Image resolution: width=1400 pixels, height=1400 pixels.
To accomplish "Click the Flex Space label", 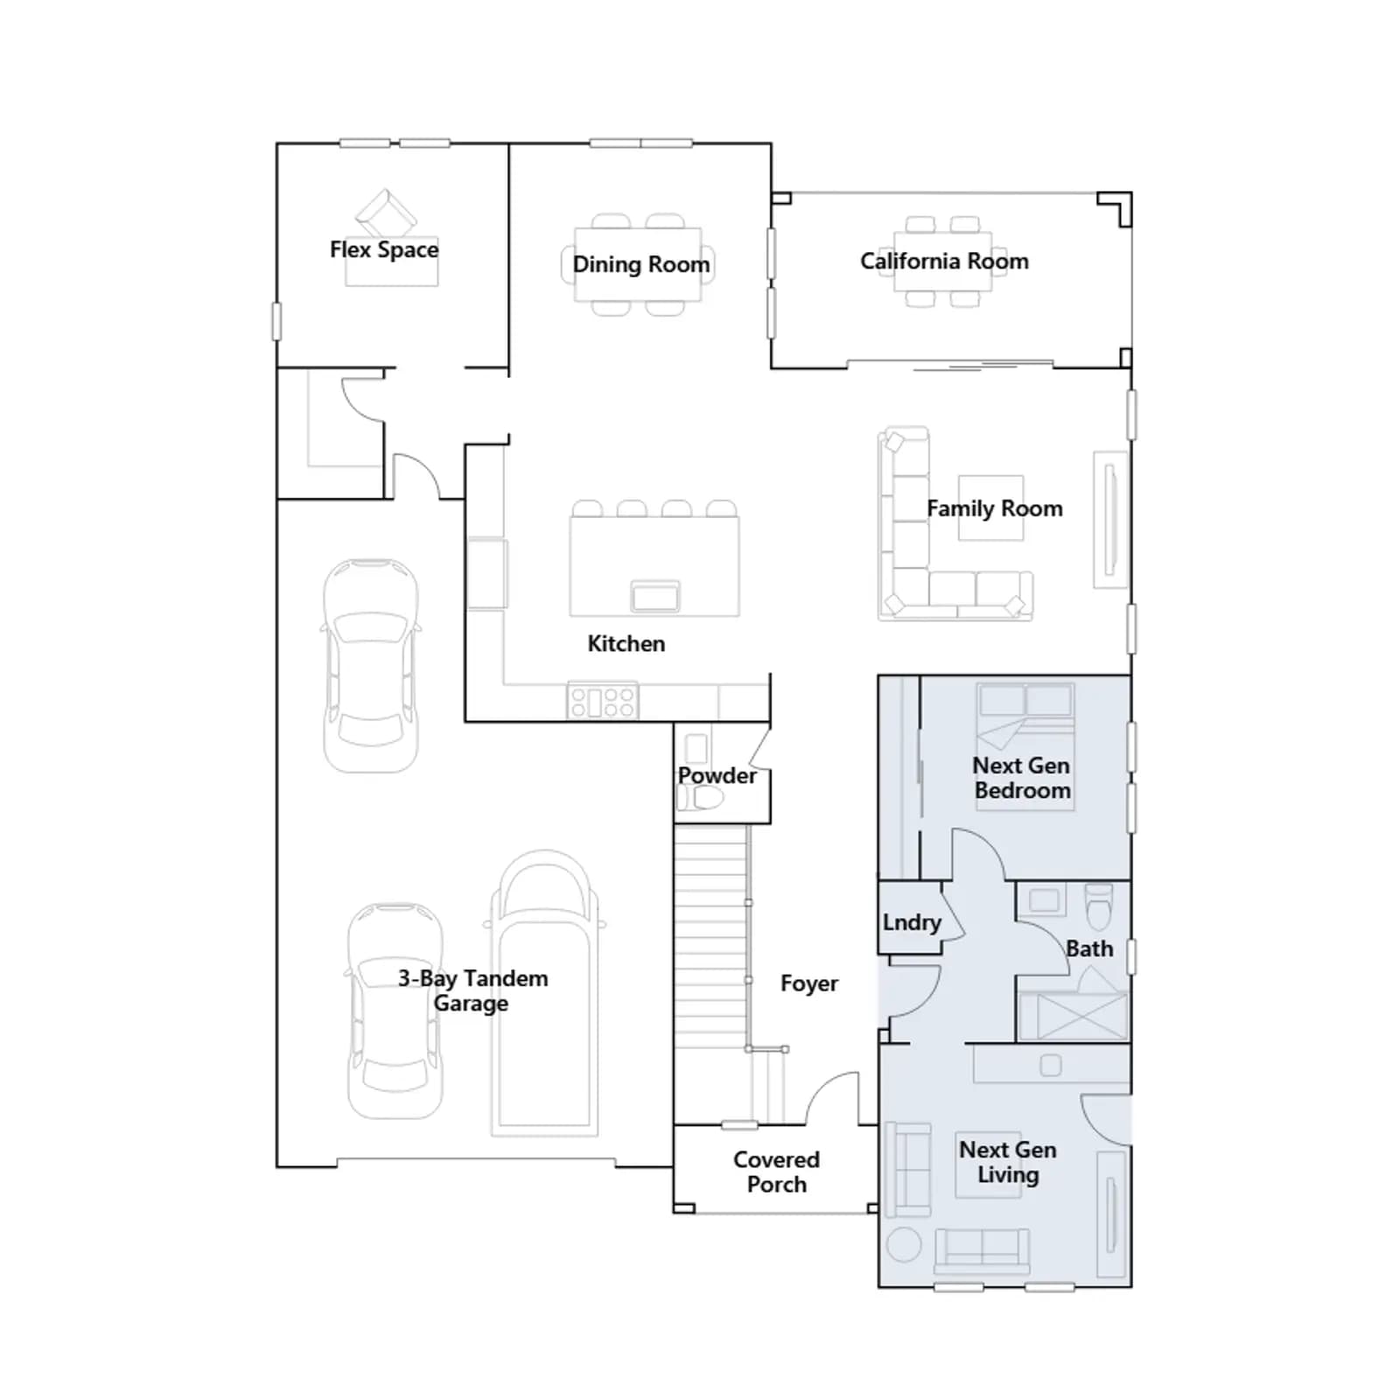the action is [384, 250].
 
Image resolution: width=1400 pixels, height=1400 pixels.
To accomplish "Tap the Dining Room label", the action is [641, 264].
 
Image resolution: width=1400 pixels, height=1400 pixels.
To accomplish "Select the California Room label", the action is [944, 261].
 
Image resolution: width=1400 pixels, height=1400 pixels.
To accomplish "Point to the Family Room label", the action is [995, 508].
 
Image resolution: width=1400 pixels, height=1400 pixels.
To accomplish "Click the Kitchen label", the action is [626, 644].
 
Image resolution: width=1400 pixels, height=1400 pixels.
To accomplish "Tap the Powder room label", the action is [717, 775].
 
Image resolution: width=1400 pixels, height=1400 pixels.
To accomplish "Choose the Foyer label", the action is [809, 984].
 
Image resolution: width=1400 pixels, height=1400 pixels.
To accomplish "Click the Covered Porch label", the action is [777, 1172].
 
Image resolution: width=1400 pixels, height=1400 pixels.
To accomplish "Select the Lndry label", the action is [912, 923].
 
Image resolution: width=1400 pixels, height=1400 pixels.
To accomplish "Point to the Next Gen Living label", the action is [1008, 1162].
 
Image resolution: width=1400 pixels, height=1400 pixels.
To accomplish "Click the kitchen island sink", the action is [654, 596].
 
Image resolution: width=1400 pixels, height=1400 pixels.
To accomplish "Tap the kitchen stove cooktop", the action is [603, 701].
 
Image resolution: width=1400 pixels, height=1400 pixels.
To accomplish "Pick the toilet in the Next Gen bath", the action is [1098, 906].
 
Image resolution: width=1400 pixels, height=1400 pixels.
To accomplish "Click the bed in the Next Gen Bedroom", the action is [1025, 746].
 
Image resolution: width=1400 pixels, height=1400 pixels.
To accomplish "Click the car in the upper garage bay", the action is [370, 666].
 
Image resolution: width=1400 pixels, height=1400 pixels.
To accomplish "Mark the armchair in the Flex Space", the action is [386, 212].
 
